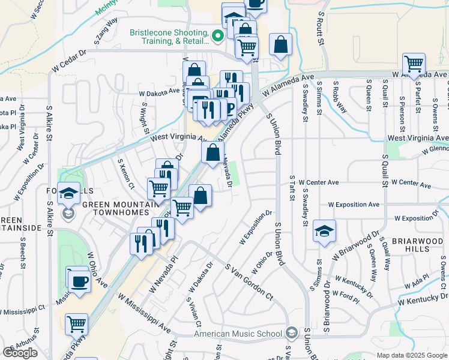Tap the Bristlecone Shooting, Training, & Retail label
pyautogui.click(x=170, y=37)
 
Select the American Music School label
pyautogui.click(x=238, y=334)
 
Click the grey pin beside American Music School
pyautogui.click(x=291, y=332)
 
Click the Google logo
pyautogui.click(x=20, y=353)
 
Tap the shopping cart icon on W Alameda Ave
pyautogui.click(x=414, y=63)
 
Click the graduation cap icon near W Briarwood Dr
pyautogui.click(x=324, y=232)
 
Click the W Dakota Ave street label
pyautogui.click(x=159, y=92)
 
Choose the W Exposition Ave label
pyautogui.click(x=354, y=204)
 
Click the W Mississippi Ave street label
pyautogui.click(x=144, y=313)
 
